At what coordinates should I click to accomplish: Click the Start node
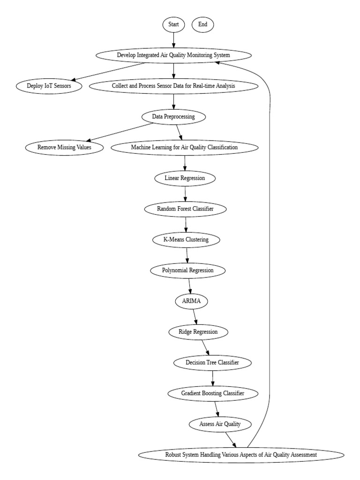[173, 24]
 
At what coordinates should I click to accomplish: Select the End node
[202, 24]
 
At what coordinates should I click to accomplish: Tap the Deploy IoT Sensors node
[49, 86]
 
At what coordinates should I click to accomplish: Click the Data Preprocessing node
[173, 116]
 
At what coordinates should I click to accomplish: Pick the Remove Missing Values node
[64, 147]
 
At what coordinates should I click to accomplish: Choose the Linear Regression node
[185, 178]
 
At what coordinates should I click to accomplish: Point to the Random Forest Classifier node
[186, 209]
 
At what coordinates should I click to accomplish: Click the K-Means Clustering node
[187, 240]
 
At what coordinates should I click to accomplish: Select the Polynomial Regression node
[188, 270]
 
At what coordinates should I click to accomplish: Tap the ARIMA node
[191, 301]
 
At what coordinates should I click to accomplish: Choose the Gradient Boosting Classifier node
[213, 393]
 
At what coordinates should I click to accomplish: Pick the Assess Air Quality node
[220, 424]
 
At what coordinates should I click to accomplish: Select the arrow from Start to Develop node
[173, 40]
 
